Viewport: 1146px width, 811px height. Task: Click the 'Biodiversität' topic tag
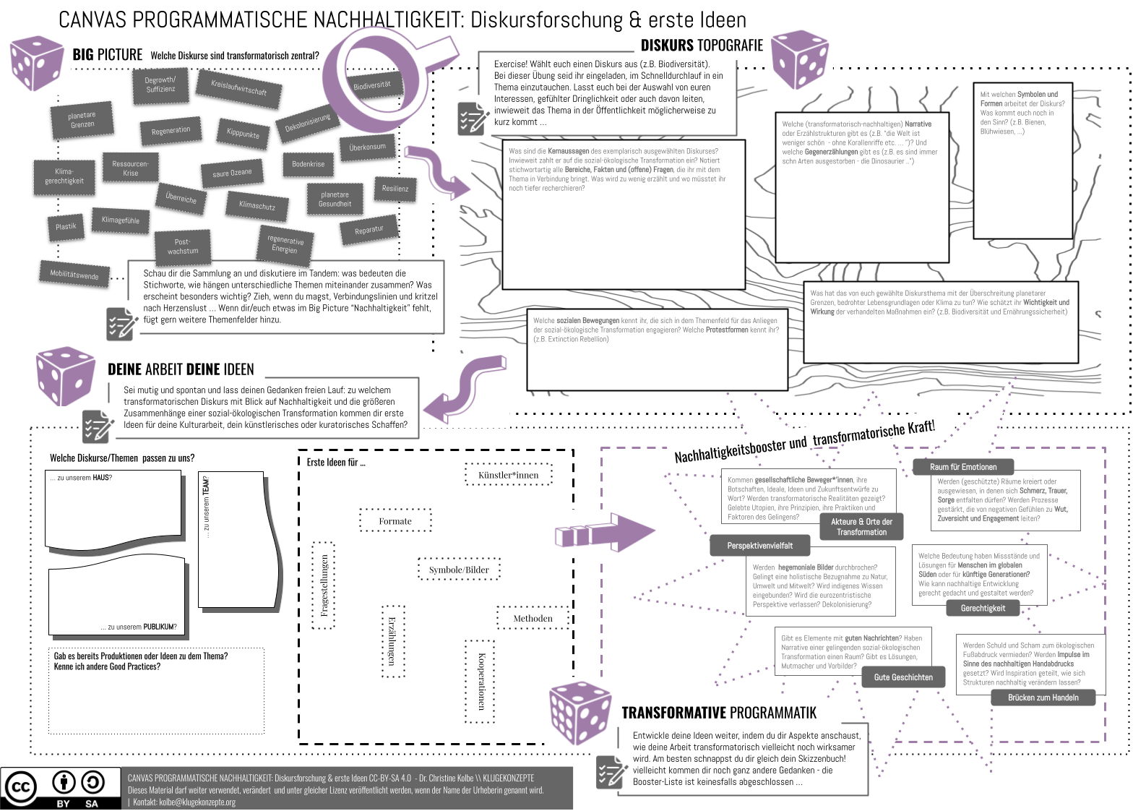[372, 85]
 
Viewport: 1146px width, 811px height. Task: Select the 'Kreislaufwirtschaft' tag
[238, 88]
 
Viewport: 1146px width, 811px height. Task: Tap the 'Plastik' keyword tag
[66, 227]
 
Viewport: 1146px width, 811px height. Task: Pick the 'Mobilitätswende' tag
[74, 275]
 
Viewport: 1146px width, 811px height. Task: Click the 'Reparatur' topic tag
[369, 231]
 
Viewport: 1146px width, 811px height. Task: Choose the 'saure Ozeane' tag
[232, 173]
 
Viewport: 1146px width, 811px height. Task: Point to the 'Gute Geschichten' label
[903, 677]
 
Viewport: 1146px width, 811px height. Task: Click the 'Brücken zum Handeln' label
[1043, 698]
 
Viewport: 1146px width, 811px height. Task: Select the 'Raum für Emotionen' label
[963, 467]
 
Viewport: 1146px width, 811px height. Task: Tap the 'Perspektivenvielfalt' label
[760, 546]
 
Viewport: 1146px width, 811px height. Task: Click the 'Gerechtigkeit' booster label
[983, 609]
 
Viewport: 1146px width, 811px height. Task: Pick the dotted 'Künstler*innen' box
[509, 475]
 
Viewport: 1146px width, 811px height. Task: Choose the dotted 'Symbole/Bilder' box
[459, 570]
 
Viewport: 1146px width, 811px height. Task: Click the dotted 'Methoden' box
[533, 619]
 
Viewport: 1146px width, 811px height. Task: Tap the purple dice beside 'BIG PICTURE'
[37, 64]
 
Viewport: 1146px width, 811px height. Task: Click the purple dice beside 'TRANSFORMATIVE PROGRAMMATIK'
[580, 713]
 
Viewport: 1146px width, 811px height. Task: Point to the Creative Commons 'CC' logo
[20, 788]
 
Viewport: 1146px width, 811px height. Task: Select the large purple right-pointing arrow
[606, 533]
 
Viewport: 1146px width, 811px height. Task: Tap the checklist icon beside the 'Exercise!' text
[473, 119]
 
